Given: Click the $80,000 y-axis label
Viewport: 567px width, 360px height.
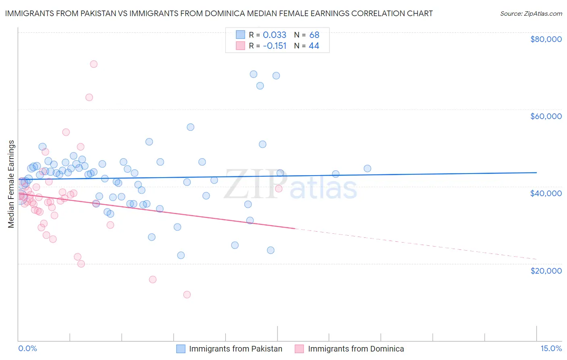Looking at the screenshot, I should tap(546, 39).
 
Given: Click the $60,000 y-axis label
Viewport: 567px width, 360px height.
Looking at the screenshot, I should tap(546, 116).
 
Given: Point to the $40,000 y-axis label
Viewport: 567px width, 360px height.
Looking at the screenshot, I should tap(546, 193).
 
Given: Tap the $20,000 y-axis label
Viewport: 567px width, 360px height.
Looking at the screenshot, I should tap(546, 271).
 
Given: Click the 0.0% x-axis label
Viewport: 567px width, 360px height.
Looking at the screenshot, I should tap(27, 348).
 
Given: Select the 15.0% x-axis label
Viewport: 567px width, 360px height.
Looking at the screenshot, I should tap(550, 348).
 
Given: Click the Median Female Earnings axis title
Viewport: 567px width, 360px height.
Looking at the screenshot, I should tap(11, 184).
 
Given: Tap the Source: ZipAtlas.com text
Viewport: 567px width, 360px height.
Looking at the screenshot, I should tap(531, 14).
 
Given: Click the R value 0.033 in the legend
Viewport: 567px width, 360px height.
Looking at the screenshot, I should tap(274, 35).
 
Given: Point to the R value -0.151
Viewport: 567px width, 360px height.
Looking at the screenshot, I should tap(274, 46).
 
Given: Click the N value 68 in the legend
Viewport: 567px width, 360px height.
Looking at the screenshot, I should tap(314, 35).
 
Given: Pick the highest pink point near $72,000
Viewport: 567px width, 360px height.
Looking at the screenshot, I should tap(94, 64).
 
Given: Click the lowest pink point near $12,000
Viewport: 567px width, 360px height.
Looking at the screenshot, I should tap(187, 295).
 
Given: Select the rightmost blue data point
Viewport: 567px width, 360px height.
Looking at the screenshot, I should tap(367, 169).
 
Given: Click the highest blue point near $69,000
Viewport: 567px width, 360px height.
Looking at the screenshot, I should tap(253, 74).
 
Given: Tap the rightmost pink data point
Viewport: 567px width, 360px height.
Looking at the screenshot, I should tap(279, 188).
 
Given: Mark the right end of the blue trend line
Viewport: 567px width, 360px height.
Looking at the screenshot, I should tap(536, 172).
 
